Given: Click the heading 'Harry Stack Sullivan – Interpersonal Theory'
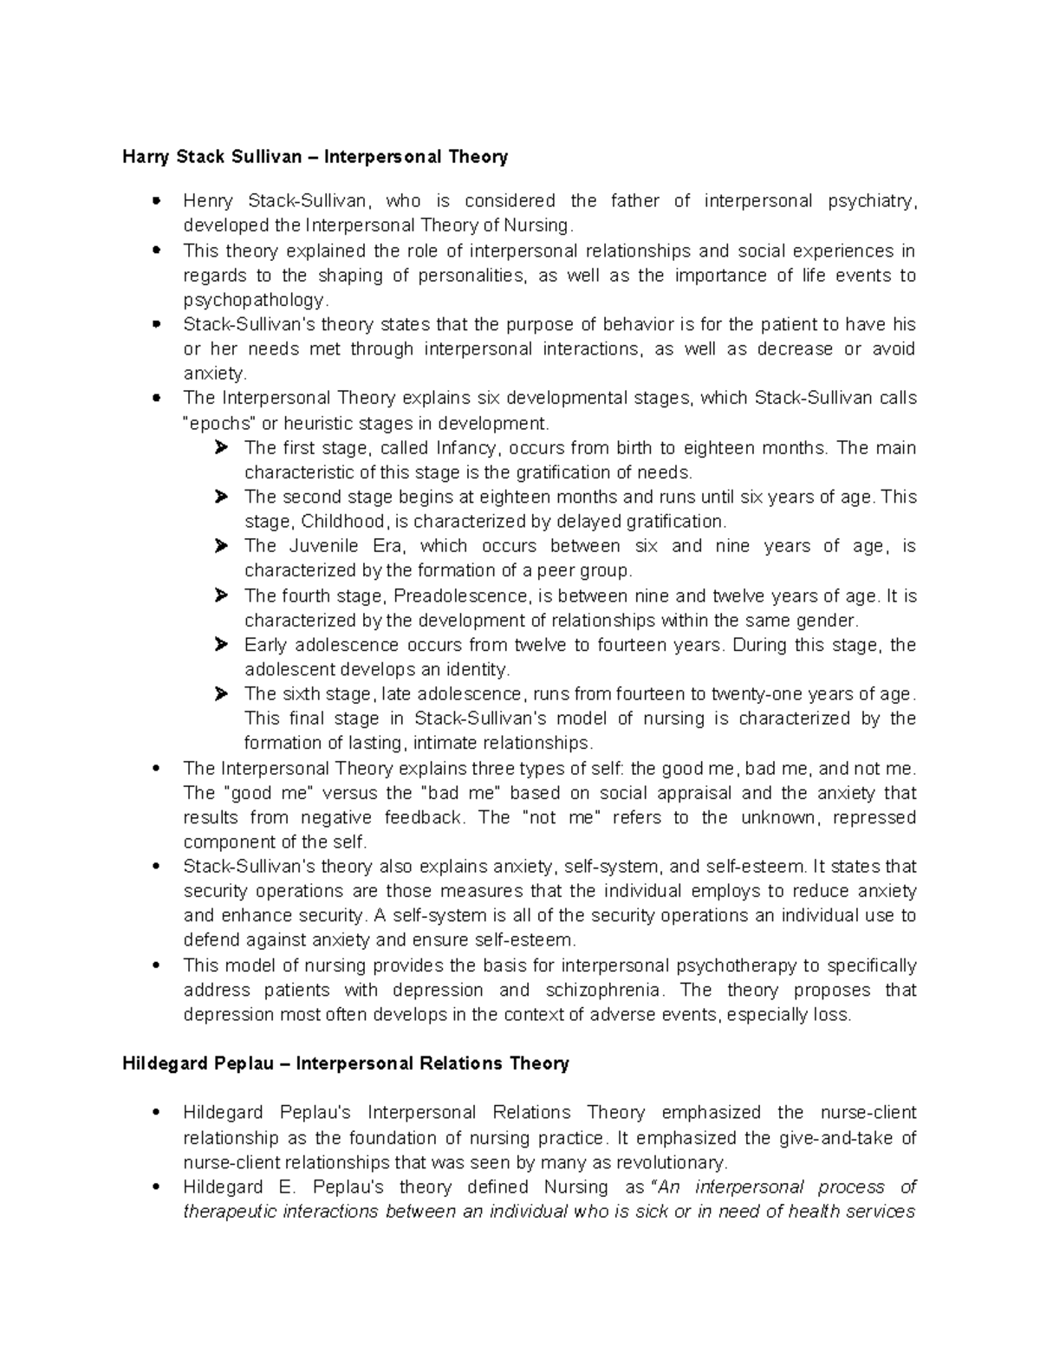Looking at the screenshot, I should (315, 157).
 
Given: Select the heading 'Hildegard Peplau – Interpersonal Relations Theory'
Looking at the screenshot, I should (345, 1063).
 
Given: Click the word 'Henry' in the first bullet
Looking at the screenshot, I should (208, 201).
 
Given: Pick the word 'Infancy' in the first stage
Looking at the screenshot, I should (467, 448).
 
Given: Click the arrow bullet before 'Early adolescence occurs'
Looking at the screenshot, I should (221, 645).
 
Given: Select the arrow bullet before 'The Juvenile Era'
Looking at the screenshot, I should (221, 546).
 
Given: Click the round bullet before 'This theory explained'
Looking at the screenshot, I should (157, 250).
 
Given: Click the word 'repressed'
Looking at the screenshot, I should (875, 817).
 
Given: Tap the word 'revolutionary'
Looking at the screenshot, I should (673, 1162).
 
